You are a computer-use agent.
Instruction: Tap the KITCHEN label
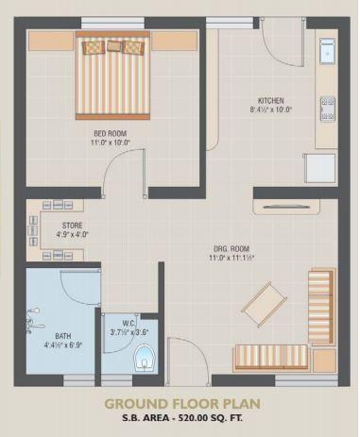point(271,100)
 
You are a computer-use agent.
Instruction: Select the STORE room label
point(73,226)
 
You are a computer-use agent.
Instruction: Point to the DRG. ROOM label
point(231,246)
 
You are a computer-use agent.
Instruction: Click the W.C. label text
point(129,323)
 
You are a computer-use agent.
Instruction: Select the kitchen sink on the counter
point(326,52)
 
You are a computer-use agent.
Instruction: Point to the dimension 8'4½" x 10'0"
point(271,110)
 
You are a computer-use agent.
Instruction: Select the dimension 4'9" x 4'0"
point(73,235)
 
